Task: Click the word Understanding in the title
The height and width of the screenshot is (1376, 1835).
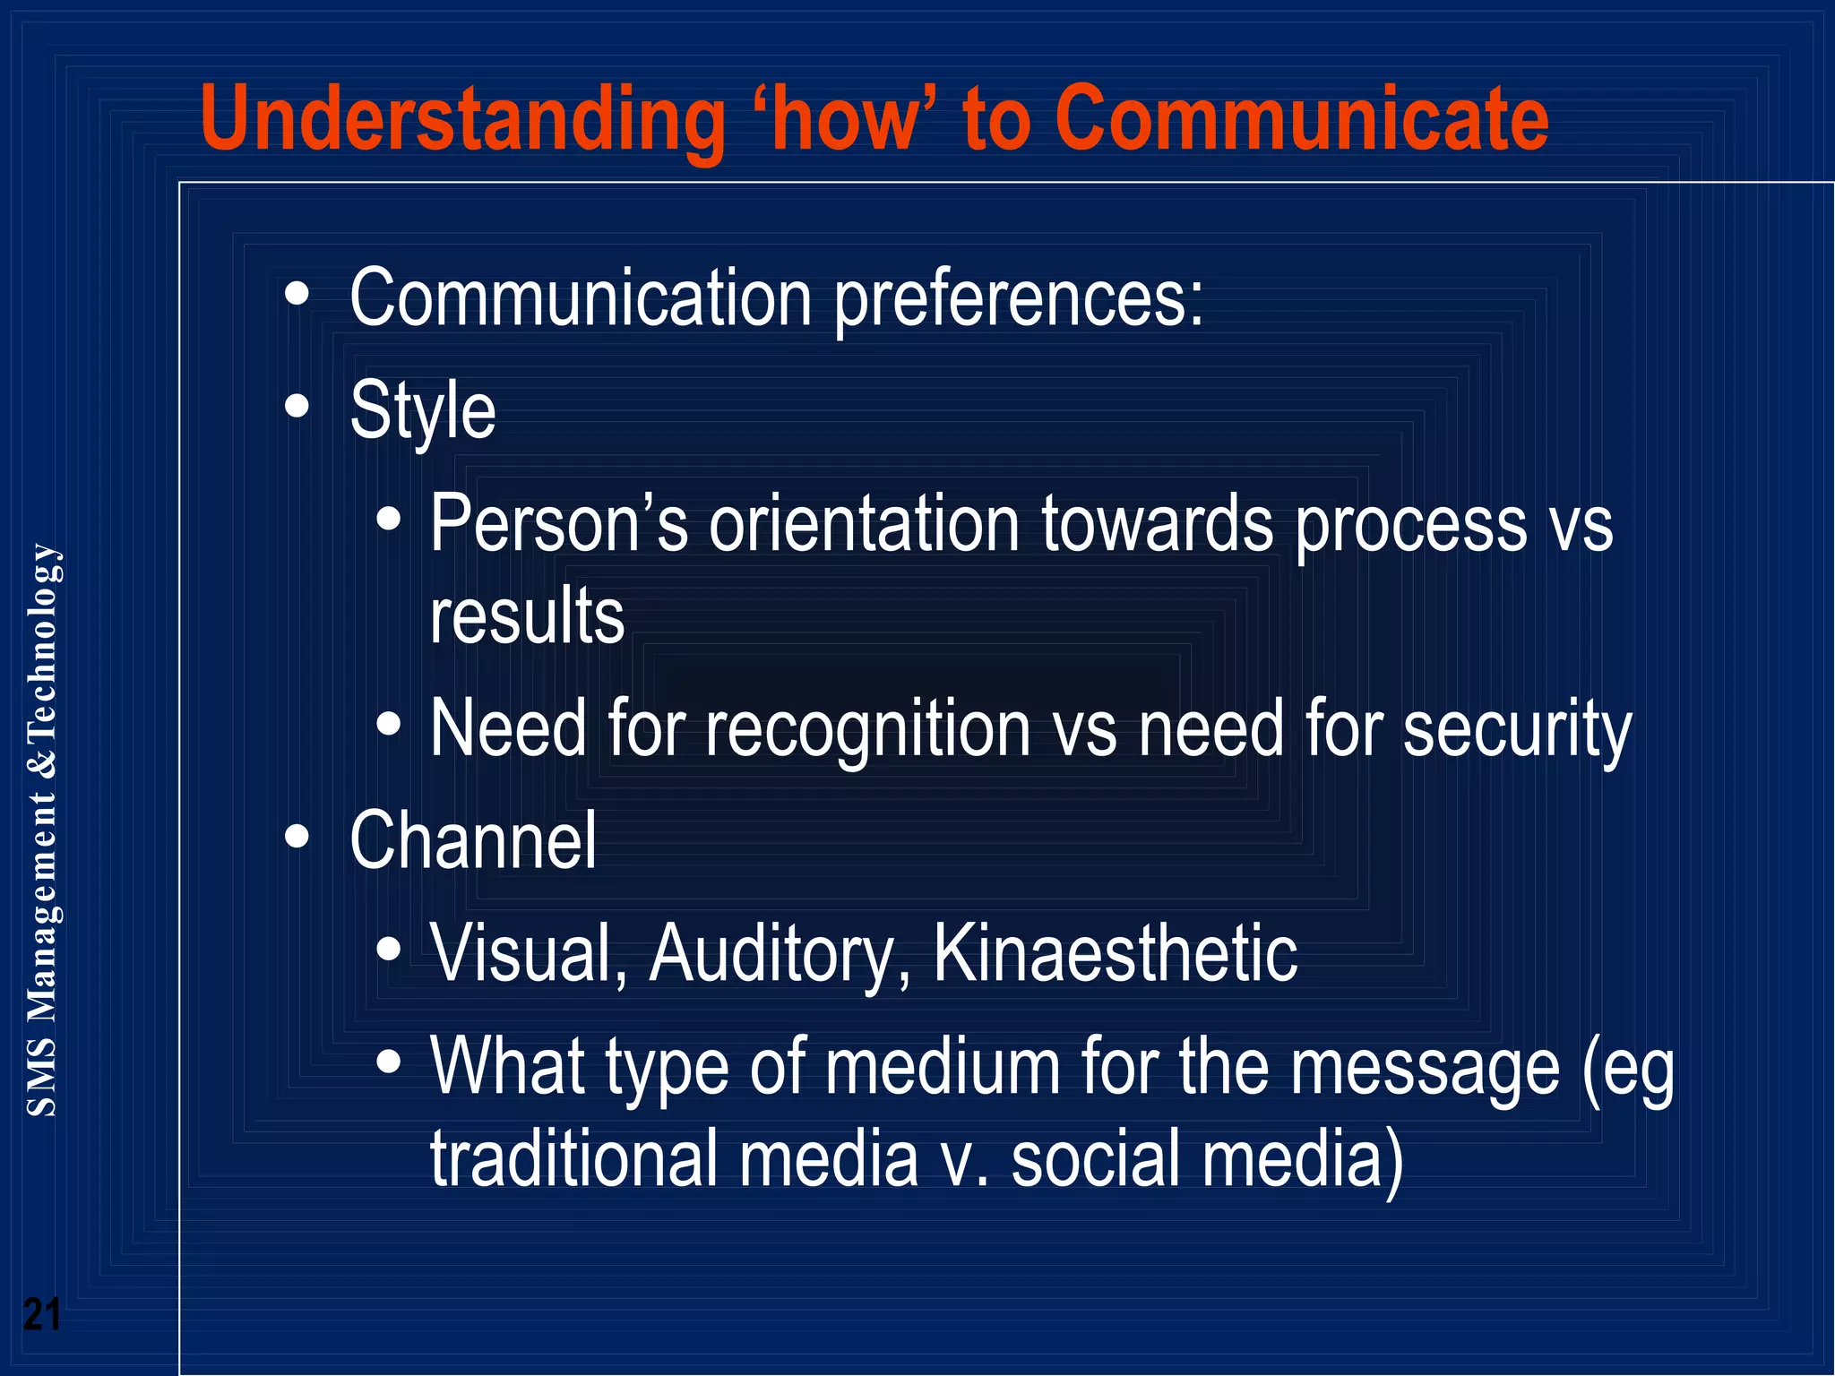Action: [461, 119]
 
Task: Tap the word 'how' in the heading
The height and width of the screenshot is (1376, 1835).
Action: [845, 119]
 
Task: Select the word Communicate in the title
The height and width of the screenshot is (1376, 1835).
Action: [1301, 119]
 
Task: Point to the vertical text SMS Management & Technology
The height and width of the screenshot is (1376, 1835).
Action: [42, 829]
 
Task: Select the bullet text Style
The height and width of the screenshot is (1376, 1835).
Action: [422, 411]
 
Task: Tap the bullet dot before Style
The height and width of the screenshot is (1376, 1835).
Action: [297, 408]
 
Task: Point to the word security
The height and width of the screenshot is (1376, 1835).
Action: [1516, 729]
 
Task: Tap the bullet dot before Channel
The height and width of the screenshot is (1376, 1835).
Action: [297, 838]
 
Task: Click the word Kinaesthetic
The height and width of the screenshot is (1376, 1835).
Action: [1115, 953]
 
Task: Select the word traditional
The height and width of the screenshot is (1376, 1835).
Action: [573, 1159]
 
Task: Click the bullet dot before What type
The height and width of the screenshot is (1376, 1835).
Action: [388, 1062]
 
